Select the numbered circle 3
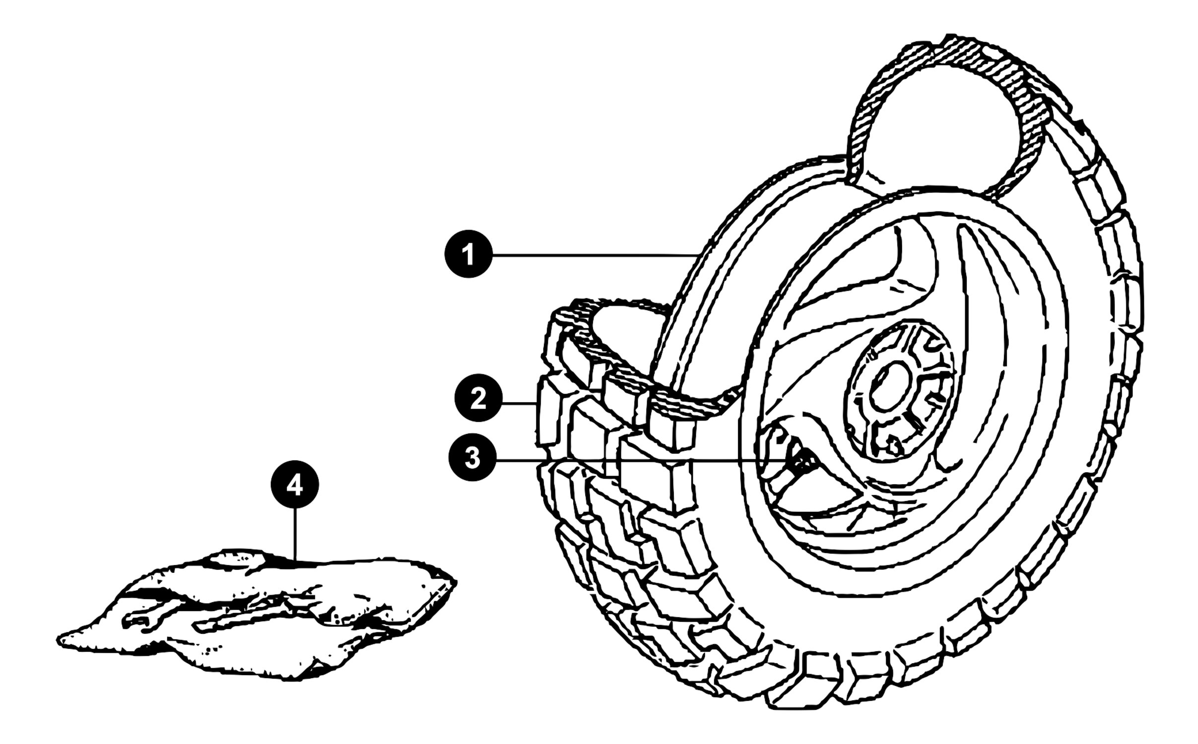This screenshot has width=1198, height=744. [472, 457]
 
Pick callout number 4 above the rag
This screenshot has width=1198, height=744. [295, 486]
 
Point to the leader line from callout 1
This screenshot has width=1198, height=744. [596, 255]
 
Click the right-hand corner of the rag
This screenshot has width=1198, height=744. [455, 580]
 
